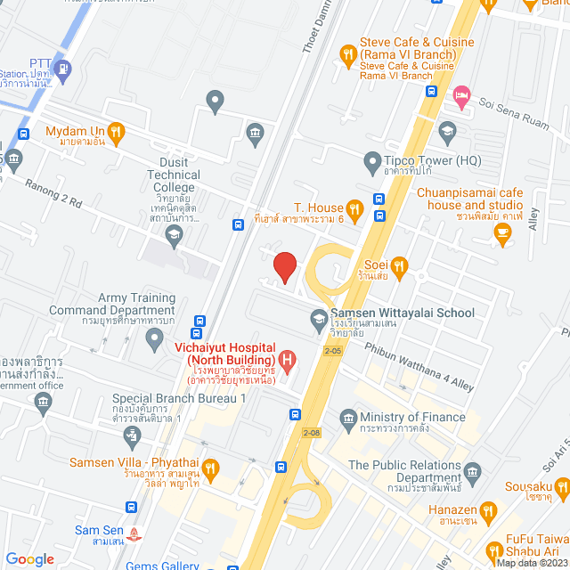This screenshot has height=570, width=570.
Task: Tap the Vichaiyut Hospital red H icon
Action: click(x=288, y=361)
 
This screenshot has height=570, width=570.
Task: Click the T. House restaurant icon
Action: click(x=354, y=209)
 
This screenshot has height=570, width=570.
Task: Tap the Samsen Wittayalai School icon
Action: click(x=319, y=317)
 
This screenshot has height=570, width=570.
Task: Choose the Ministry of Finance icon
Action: click(x=348, y=417)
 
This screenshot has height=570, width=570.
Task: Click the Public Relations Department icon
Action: click(x=473, y=470)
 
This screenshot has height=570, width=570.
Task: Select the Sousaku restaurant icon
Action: click(x=561, y=487)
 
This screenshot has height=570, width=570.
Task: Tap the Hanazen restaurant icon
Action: click(x=487, y=511)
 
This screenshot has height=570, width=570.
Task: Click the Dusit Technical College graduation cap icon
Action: click(x=173, y=235)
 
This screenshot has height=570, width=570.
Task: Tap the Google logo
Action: click(x=29, y=558)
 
